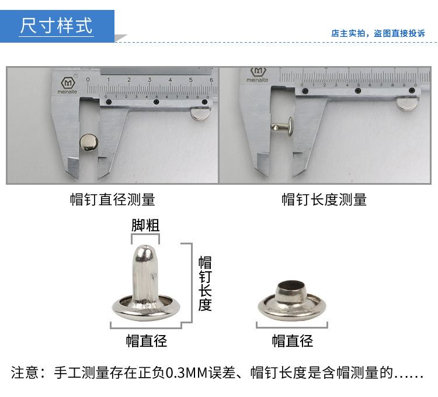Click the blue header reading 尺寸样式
[x=57, y=26]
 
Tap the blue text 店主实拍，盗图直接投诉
[x=378, y=33]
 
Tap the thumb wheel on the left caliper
[x=200, y=112]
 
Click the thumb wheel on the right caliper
[x=406, y=103]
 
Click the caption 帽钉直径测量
[x=113, y=199]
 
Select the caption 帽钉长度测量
[x=324, y=199]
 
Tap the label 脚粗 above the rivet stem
[x=145, y=225]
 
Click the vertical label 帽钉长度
[x=204, y=283]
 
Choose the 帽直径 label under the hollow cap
[x=293, y=341]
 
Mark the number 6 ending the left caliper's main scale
[x=211, y=80]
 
